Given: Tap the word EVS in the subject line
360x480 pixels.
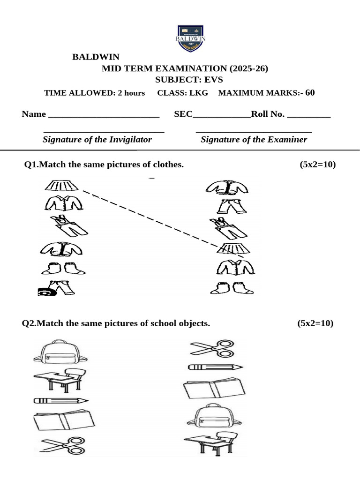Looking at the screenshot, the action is [x=213, y=80].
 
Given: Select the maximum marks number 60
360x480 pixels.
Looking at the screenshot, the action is [x=310, y=92].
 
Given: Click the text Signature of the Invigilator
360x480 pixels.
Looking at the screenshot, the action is [x=97, y=139].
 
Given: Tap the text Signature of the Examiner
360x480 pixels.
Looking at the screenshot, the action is [x=254, y=139].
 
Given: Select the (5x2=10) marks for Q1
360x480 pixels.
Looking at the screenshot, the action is [x=317, y=165].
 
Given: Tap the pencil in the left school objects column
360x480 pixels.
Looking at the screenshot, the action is [x=61, y=401].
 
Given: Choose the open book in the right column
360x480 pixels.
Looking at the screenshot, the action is [x=214, y=388].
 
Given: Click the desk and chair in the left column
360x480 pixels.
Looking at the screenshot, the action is [x=60, y=379].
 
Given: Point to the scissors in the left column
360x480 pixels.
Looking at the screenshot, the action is [x=62, y=445].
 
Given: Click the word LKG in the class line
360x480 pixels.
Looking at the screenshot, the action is [x=198, y=93].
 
